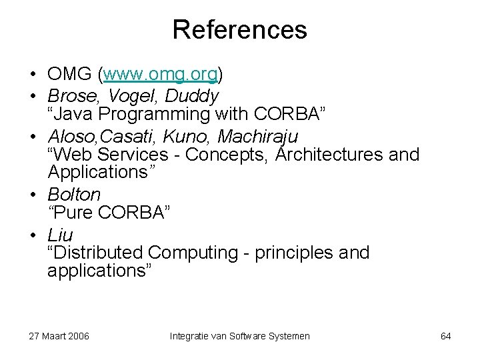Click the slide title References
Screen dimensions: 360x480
[x=239, y=30]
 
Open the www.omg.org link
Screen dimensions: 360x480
[x=162, y=73]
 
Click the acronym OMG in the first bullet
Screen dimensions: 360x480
[x=71, y=73]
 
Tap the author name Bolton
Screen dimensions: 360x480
[x=74, y=195]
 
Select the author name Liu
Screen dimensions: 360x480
[x=60, y=235]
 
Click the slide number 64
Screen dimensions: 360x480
[x=446, y=336]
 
